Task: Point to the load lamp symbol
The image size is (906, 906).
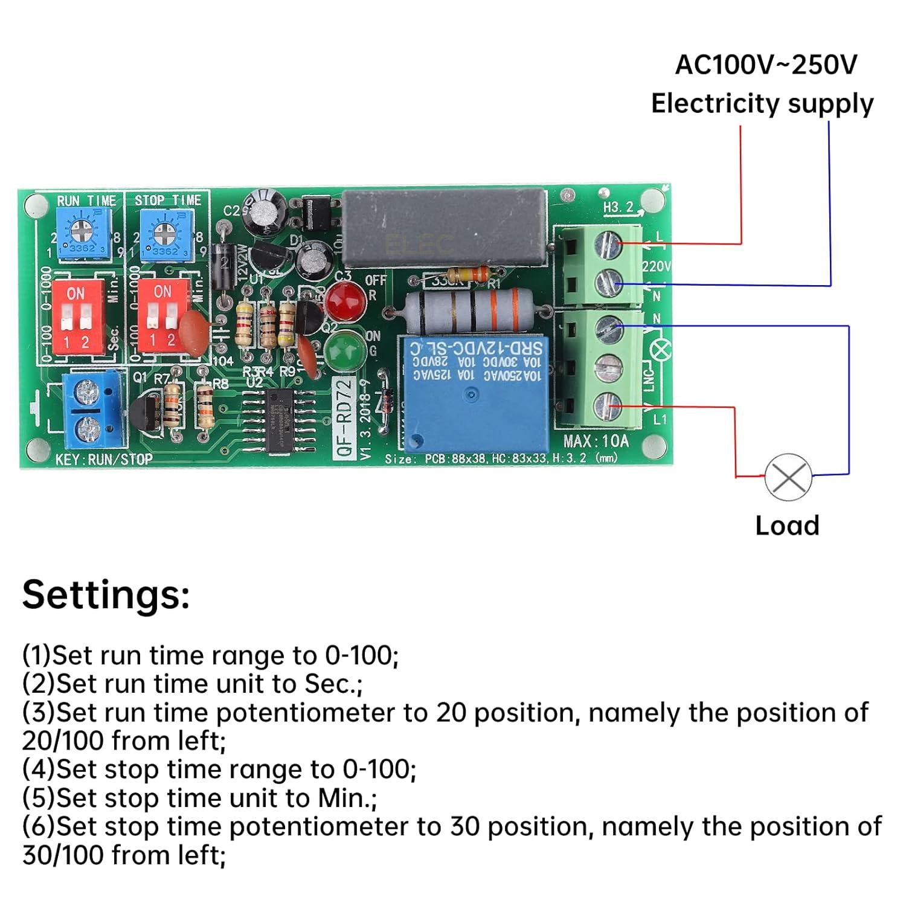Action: click(788, 477)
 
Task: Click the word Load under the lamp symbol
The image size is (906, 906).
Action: click(787, 525)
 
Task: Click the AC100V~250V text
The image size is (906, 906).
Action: click(765, 65)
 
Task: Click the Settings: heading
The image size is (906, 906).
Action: click(106, 594)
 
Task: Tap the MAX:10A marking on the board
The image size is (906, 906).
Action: click(596, 440)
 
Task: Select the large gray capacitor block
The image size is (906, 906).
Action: click(445, 228)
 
